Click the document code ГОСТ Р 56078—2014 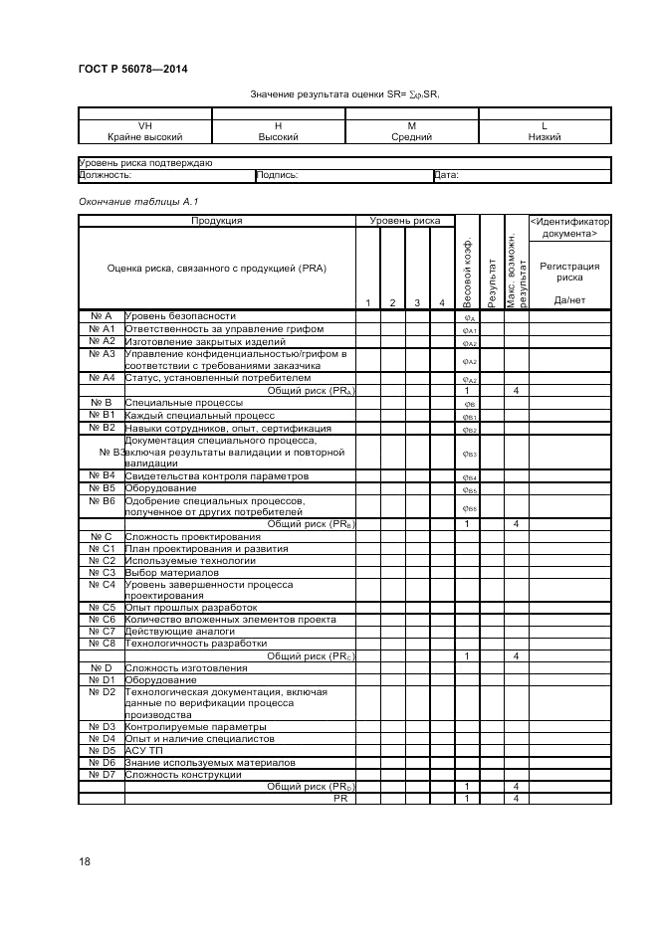(x=131, y=69)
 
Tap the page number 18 (x=85, y=861)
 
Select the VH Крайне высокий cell (x=144, y=131)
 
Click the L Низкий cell (x=545, y=131)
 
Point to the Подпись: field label (x=278, y=175)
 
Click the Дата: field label (x=447, y=175)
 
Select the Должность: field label (x=106, y=175)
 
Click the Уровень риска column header (x=405, y=221)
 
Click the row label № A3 (x=103, y=353)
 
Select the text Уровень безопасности (x=181, y=315)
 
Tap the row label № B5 (x=103, y=488)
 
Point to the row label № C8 (x=103, y=643)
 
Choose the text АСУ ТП (x=144, y=750)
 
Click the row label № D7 (x=103, y=774)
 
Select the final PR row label (x=339, y=798)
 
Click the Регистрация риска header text (x=569, y=273)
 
